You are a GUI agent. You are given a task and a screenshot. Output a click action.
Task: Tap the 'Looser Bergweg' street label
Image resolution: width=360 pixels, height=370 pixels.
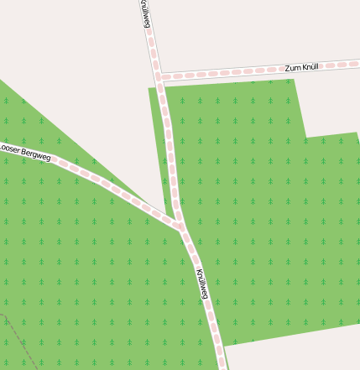click(x=25, y=153)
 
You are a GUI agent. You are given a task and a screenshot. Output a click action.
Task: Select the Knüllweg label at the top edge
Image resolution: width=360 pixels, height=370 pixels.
click(x=146, y=13)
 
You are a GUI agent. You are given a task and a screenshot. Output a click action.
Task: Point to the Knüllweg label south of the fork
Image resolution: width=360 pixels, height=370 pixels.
click(x=202, y=284)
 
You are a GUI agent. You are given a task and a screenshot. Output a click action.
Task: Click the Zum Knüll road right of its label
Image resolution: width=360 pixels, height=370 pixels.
click(x=344, y=64)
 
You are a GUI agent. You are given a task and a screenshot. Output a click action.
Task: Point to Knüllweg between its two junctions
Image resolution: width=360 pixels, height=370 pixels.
click(x=170, y=151)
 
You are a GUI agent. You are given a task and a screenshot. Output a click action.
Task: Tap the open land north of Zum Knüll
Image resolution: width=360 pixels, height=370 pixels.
click(x=252, y=29)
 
